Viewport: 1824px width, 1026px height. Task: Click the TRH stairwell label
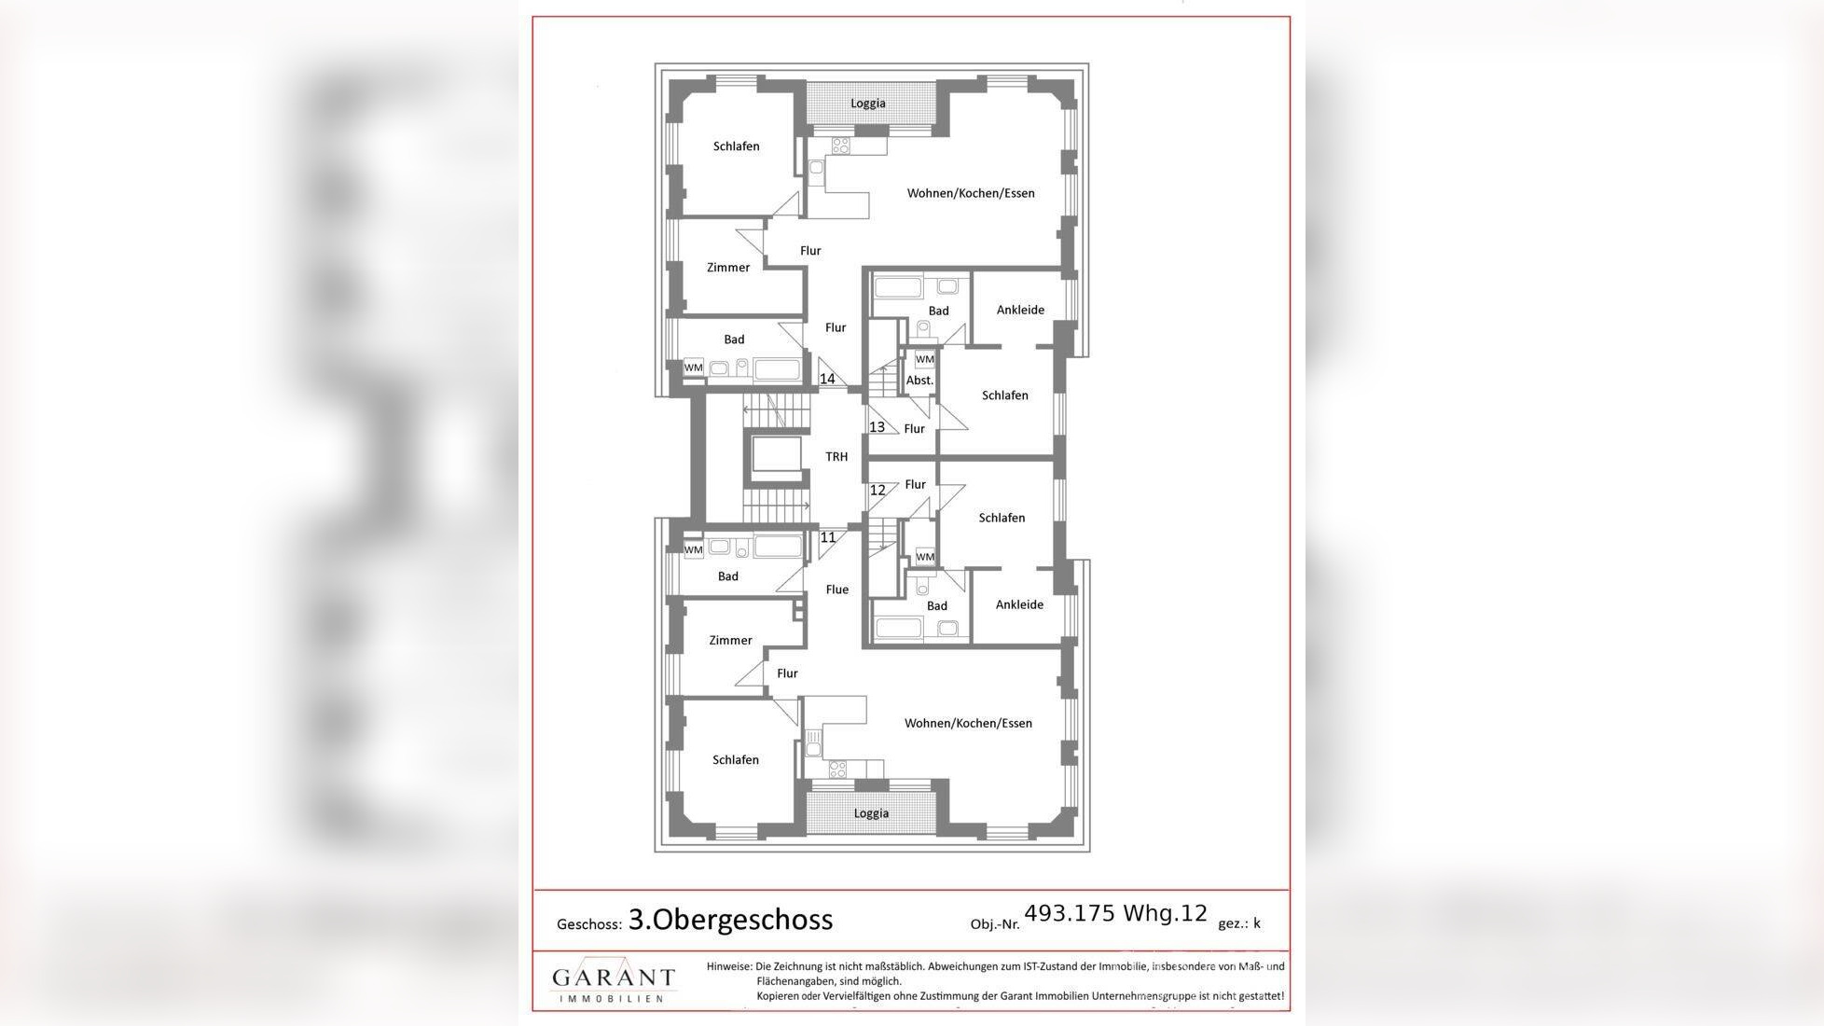tap(836, 457)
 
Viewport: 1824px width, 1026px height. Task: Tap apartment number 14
tap(827, 379)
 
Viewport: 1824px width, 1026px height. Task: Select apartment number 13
tap(877, 427)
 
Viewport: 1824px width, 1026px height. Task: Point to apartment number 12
tap(877, 490)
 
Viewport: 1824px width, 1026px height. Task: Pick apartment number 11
tap(828, 537)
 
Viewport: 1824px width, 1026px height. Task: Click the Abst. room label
tap(919, 381)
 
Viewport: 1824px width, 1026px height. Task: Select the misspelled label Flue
tap(837, 589)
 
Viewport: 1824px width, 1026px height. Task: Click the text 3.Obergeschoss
tap(730, 920)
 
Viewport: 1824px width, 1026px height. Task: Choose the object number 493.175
tap(1070, 913)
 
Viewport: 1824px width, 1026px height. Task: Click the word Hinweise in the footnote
tap(728, 966)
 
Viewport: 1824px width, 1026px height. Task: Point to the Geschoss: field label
tap(589, 924)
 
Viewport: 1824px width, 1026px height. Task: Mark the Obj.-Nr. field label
tap(995, 924)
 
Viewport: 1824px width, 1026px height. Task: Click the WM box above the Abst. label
tap(924, 359)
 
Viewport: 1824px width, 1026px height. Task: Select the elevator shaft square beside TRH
tap(777, 456)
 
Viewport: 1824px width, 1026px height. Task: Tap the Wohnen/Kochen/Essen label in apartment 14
tap(971, 193)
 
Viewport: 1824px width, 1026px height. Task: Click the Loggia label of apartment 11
tap(871, 813)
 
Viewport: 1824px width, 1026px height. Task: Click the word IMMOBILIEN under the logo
tap(612, 998)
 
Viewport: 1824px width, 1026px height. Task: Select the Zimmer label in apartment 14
tap(728, 268)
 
